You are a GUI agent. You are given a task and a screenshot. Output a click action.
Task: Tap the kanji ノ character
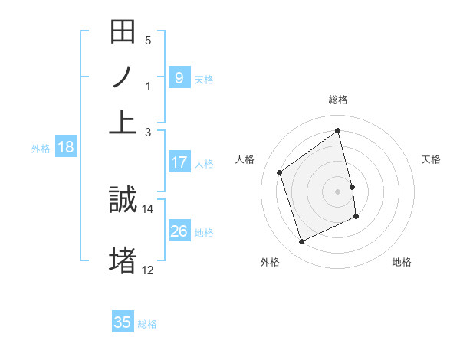point(123,77)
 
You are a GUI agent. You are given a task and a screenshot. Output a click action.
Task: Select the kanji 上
point(123,122)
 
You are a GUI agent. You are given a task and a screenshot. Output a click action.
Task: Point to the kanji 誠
point(123,201)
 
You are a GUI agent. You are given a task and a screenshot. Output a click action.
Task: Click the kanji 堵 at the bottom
point(123,260)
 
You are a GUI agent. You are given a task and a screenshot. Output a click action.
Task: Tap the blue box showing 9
point(179,77)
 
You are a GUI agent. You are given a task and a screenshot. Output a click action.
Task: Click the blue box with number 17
point(179,162)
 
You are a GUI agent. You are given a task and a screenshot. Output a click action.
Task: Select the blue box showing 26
point(179,231)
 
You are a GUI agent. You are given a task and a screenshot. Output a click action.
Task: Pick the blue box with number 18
point(65,148)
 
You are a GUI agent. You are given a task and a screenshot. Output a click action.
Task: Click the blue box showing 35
point(123,322)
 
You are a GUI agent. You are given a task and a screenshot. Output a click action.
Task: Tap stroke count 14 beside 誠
point(148,208)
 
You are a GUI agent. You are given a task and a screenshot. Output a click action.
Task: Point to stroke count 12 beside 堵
point(148,269)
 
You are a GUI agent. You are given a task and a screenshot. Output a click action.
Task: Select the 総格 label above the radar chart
point(338,100)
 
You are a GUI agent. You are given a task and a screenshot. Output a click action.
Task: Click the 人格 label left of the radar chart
point(246,159)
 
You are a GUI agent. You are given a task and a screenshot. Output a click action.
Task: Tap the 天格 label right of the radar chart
point(431,159)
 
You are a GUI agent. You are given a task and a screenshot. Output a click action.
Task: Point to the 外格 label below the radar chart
point(270,262)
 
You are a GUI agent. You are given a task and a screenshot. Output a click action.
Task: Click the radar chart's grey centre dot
point(338,191)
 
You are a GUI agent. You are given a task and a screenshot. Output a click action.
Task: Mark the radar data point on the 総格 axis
point(338,130)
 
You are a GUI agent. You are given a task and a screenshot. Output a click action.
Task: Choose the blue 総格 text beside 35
point(147,324)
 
